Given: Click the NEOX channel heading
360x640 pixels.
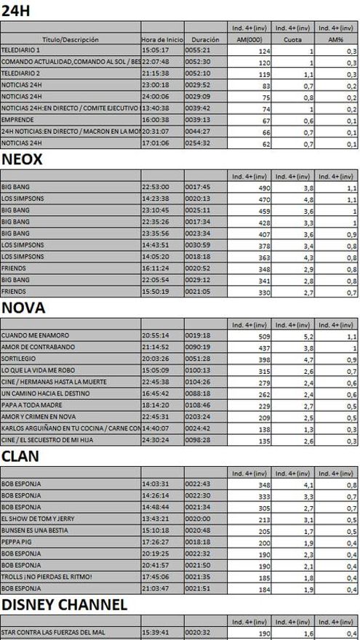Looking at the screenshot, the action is pyautogui.click(x=23, y=160).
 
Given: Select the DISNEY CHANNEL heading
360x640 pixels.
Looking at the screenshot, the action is pyautogui.click(x=65, y=604).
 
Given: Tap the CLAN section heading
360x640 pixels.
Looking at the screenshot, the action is pyautogui.click(x=20, y=456).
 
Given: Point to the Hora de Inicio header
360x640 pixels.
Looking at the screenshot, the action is pyautogui.click(x=161, y=39).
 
